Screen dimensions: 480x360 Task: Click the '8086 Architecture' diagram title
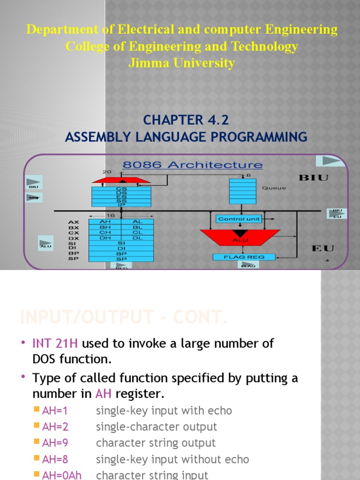[192, 165]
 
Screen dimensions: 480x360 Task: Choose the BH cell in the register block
[105, 227]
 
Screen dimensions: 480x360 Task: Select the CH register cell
[105, 232]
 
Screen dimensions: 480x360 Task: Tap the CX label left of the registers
[74, 232]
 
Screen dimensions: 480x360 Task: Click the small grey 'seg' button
[34, 198]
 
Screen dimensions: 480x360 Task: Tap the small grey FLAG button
[247, 265]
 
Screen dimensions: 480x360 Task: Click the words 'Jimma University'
[182, 63]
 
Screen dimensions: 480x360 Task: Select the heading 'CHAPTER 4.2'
[186, 120]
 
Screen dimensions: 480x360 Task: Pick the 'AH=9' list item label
[55, 443]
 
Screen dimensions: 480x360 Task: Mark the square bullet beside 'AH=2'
[37, 427]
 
